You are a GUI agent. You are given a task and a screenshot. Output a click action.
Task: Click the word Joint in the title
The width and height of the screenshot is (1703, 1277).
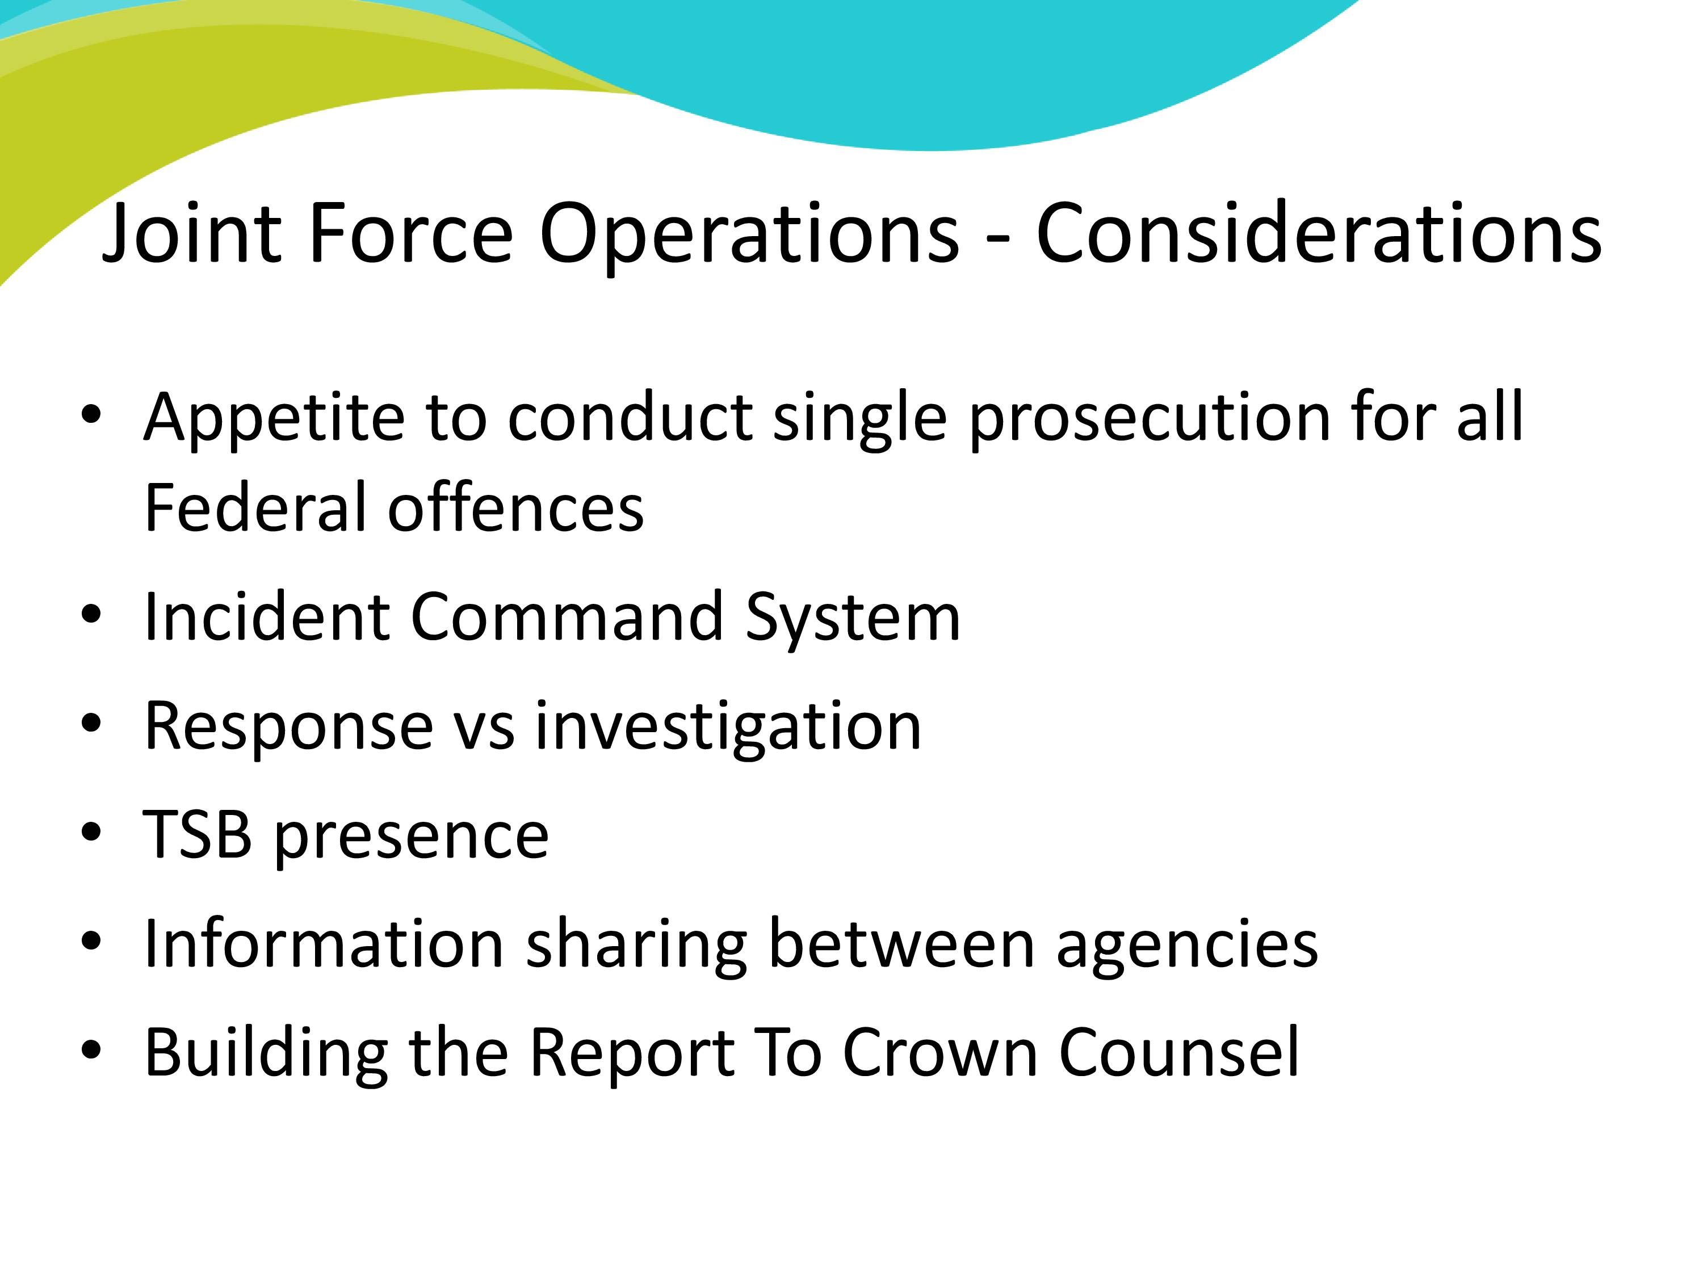pos(192,233)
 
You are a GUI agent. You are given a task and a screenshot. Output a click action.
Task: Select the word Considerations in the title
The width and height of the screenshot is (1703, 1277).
pos(1319,233)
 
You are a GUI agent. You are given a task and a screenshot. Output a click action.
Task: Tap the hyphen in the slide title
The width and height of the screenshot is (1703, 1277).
pos(998,240)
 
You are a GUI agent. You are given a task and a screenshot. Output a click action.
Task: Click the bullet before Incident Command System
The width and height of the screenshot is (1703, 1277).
pos(91,615)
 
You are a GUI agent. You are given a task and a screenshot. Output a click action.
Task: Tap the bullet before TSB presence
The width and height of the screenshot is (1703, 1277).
pos(91,834)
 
